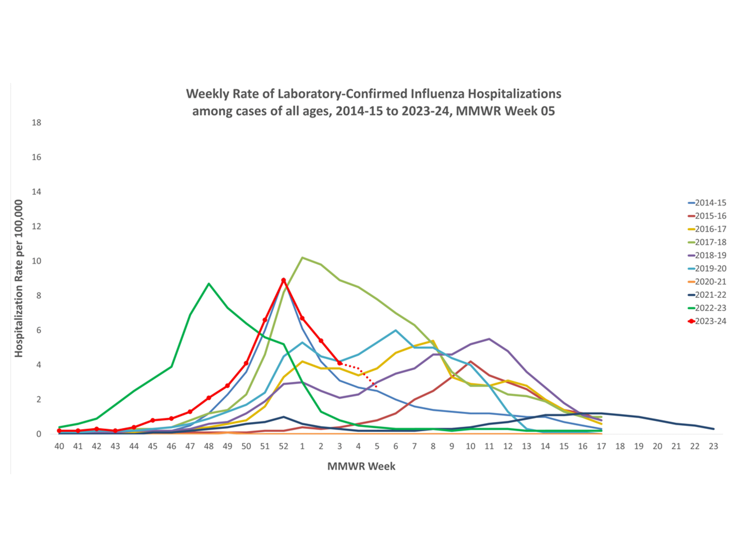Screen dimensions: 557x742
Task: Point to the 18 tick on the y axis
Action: (37, 122)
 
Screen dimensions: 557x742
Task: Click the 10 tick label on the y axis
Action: (37, 261)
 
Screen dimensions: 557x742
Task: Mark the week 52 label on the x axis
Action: (283, 446)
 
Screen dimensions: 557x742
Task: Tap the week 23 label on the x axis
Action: (713, 446)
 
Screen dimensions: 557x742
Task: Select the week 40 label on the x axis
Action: (59, 446)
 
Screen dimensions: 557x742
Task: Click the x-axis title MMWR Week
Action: (361, 466)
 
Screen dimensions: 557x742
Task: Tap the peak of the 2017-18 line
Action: (302, 258)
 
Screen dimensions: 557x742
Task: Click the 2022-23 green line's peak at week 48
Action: (209, 284)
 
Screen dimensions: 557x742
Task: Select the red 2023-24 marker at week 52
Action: (283, 280)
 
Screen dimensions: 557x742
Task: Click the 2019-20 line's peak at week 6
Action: (396, 330)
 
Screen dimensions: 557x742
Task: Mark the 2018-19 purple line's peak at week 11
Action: (489, 339)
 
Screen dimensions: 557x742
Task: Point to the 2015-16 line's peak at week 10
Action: (471, 361)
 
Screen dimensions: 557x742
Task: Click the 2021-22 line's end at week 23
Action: (713, 429)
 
